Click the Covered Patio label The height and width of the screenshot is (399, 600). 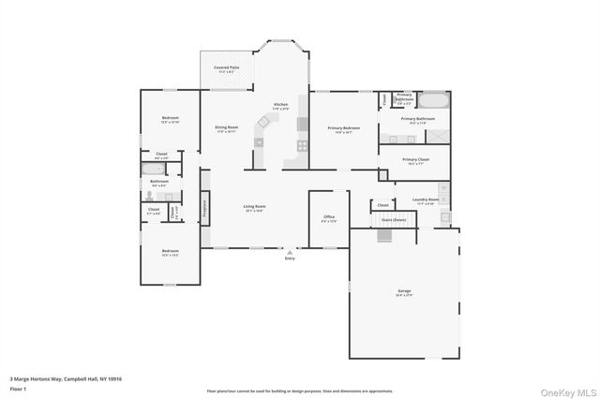click(225, 68)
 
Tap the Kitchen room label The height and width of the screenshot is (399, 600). click(280, 105)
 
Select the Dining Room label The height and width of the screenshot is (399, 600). click(227, 127)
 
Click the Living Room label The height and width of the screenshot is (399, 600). click(254, 207)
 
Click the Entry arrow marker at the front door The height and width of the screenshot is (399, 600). click(290, 252)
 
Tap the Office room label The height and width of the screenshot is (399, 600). click(329, 217)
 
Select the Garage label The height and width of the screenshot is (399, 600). click(404, 291)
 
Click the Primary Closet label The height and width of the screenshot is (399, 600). click(416, 160)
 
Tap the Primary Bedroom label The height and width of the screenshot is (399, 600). click(343, 128)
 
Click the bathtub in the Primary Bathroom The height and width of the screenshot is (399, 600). click(433, 99)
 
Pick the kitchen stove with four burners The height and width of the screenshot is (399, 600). click(303, 145)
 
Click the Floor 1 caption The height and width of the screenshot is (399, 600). click(18, 388)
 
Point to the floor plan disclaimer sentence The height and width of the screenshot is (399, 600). click(300, 391)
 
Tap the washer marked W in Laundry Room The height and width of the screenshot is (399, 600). click(444, 187)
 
